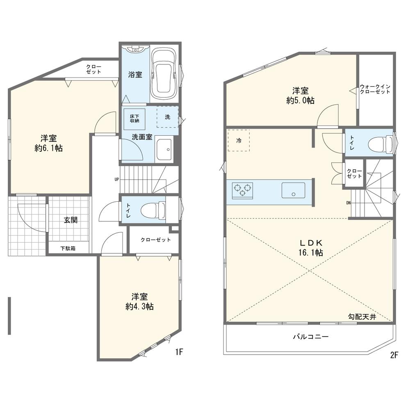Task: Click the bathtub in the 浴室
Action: coord(164,75)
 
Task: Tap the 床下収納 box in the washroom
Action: coord(134,119)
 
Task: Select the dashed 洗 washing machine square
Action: coord(168,116)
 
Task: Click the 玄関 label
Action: coord(71,220)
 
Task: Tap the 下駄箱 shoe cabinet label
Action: coord(68,248)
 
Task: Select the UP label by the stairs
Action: coord(116,180)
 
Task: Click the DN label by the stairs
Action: coord(348,203)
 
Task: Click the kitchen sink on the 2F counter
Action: coord(293,190)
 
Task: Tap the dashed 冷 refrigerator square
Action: coord(239,140)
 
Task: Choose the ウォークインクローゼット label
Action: coord(375,89)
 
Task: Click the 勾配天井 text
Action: coord(362,317)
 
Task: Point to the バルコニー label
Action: coord(311,337)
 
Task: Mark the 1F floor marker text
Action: coord(179,353)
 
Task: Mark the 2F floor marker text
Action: coord(394,355)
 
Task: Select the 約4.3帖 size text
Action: coord(139,306)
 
